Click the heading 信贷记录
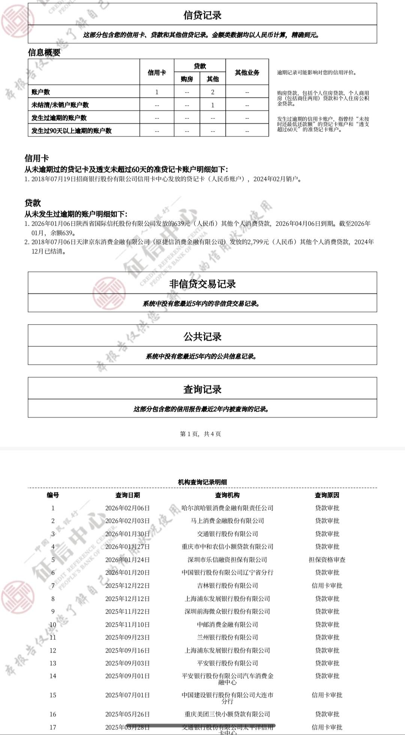(x=202, y=15)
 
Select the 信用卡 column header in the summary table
(x=157, y=72)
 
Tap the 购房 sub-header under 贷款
(x=187, y=79)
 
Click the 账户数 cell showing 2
(x=213, y=92)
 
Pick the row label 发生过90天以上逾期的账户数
(x=72, y=130)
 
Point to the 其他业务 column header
(x=247, y=72)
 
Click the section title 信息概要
(x=44, y=52)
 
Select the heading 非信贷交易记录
(x=202, y=284)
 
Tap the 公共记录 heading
(x=202, y=337)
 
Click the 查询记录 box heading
(x=202, y=389)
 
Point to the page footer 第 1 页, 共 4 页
(x=201, y=434)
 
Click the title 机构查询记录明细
(x=202, y=482)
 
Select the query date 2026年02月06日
(x=127, y=508)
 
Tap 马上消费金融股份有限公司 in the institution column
(x=227, y=521)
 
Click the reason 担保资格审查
(x=327, y=560)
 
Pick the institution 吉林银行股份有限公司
(x=227, y=585)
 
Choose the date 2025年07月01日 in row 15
(x=127, y=695)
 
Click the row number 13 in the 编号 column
(x=53, y=663)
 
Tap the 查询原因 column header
(x=327, y=495)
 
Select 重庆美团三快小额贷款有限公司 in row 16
(x=227, y=714)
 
